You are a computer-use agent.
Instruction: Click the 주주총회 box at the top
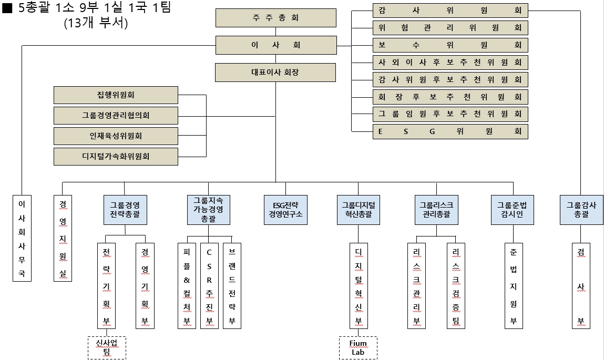pos(275,18)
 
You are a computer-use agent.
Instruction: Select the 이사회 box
pos(275,45)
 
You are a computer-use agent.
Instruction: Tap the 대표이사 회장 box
pos(275,73)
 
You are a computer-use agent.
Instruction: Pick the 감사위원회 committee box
pos(450,11)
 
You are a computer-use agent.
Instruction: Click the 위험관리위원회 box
pos(450,28)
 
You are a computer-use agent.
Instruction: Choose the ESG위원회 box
pos(450,131)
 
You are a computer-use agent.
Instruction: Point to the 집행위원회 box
pos(116,96)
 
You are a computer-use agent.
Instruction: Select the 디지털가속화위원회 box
pos(116,156)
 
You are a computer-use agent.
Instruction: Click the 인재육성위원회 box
pos(116,136)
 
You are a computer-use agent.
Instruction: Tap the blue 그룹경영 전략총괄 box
pos(125,210)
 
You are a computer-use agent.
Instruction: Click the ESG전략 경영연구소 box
pos(286,210)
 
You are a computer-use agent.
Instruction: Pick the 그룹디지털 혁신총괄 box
pos(358,210)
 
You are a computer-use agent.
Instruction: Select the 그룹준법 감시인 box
pos(512,210)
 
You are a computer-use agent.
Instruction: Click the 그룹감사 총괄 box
pos(581,210)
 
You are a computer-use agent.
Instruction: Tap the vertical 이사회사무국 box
pos(22,238)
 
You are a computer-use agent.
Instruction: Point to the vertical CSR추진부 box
pos(209,285)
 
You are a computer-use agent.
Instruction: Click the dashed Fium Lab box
pos(358,348)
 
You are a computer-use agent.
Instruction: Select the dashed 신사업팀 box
pos(107,348)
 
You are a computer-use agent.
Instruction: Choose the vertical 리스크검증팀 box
pos(456,285)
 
